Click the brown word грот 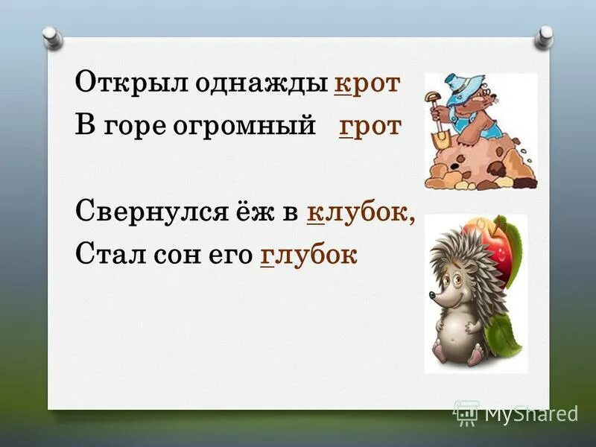370,126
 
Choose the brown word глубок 309,254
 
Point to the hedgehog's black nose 432,296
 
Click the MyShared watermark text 530,413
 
